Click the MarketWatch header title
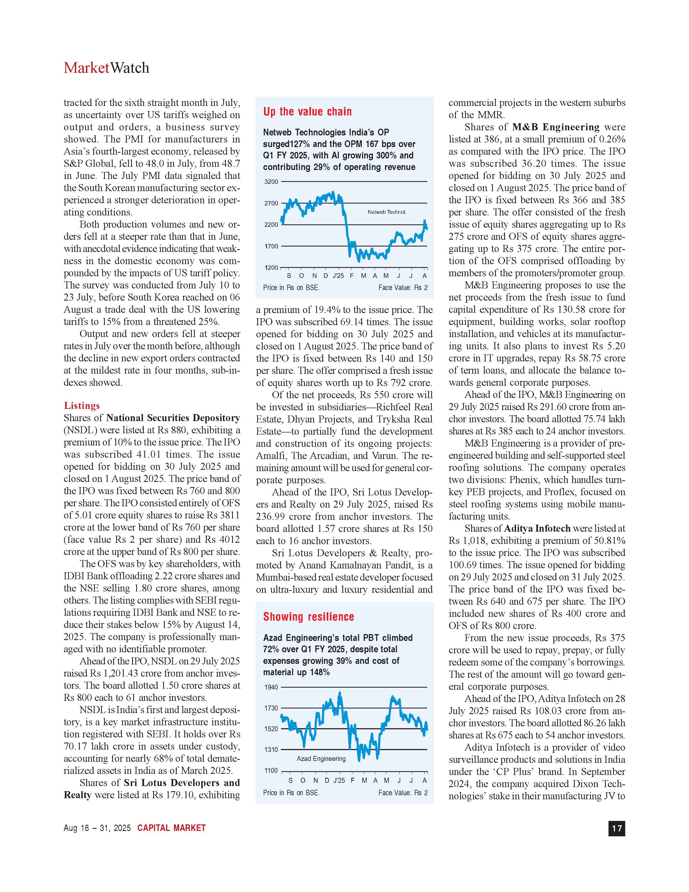coord(106,68)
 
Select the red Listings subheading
coord(82,405)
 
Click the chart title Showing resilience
coord(308,617)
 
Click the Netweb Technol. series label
coord(387,212)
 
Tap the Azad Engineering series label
coord(321,758)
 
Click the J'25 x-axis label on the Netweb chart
coord(338,276)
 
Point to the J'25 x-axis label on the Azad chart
coord(339,781)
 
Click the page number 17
coord(616,828)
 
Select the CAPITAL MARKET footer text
coord(171,828)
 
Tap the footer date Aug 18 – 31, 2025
coord(97,828)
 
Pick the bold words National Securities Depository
coord(173,418)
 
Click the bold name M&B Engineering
coord(556,127)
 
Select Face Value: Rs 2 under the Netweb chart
coord(403,288)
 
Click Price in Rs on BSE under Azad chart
coord(291,793)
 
